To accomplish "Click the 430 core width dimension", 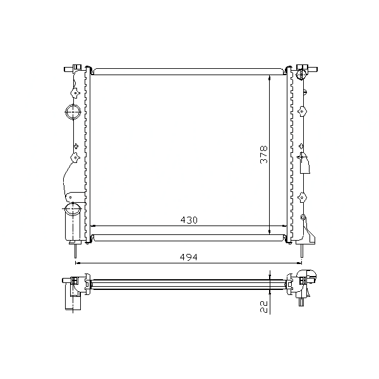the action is pos(189,220).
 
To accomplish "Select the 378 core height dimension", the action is pos(263,155).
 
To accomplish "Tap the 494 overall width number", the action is pos(188,257).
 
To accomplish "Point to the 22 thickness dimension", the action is pos(264,307).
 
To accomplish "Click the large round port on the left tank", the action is pos(73,112).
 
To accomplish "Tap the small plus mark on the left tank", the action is pos(76,146).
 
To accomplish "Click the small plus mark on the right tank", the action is pos(301,146).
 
